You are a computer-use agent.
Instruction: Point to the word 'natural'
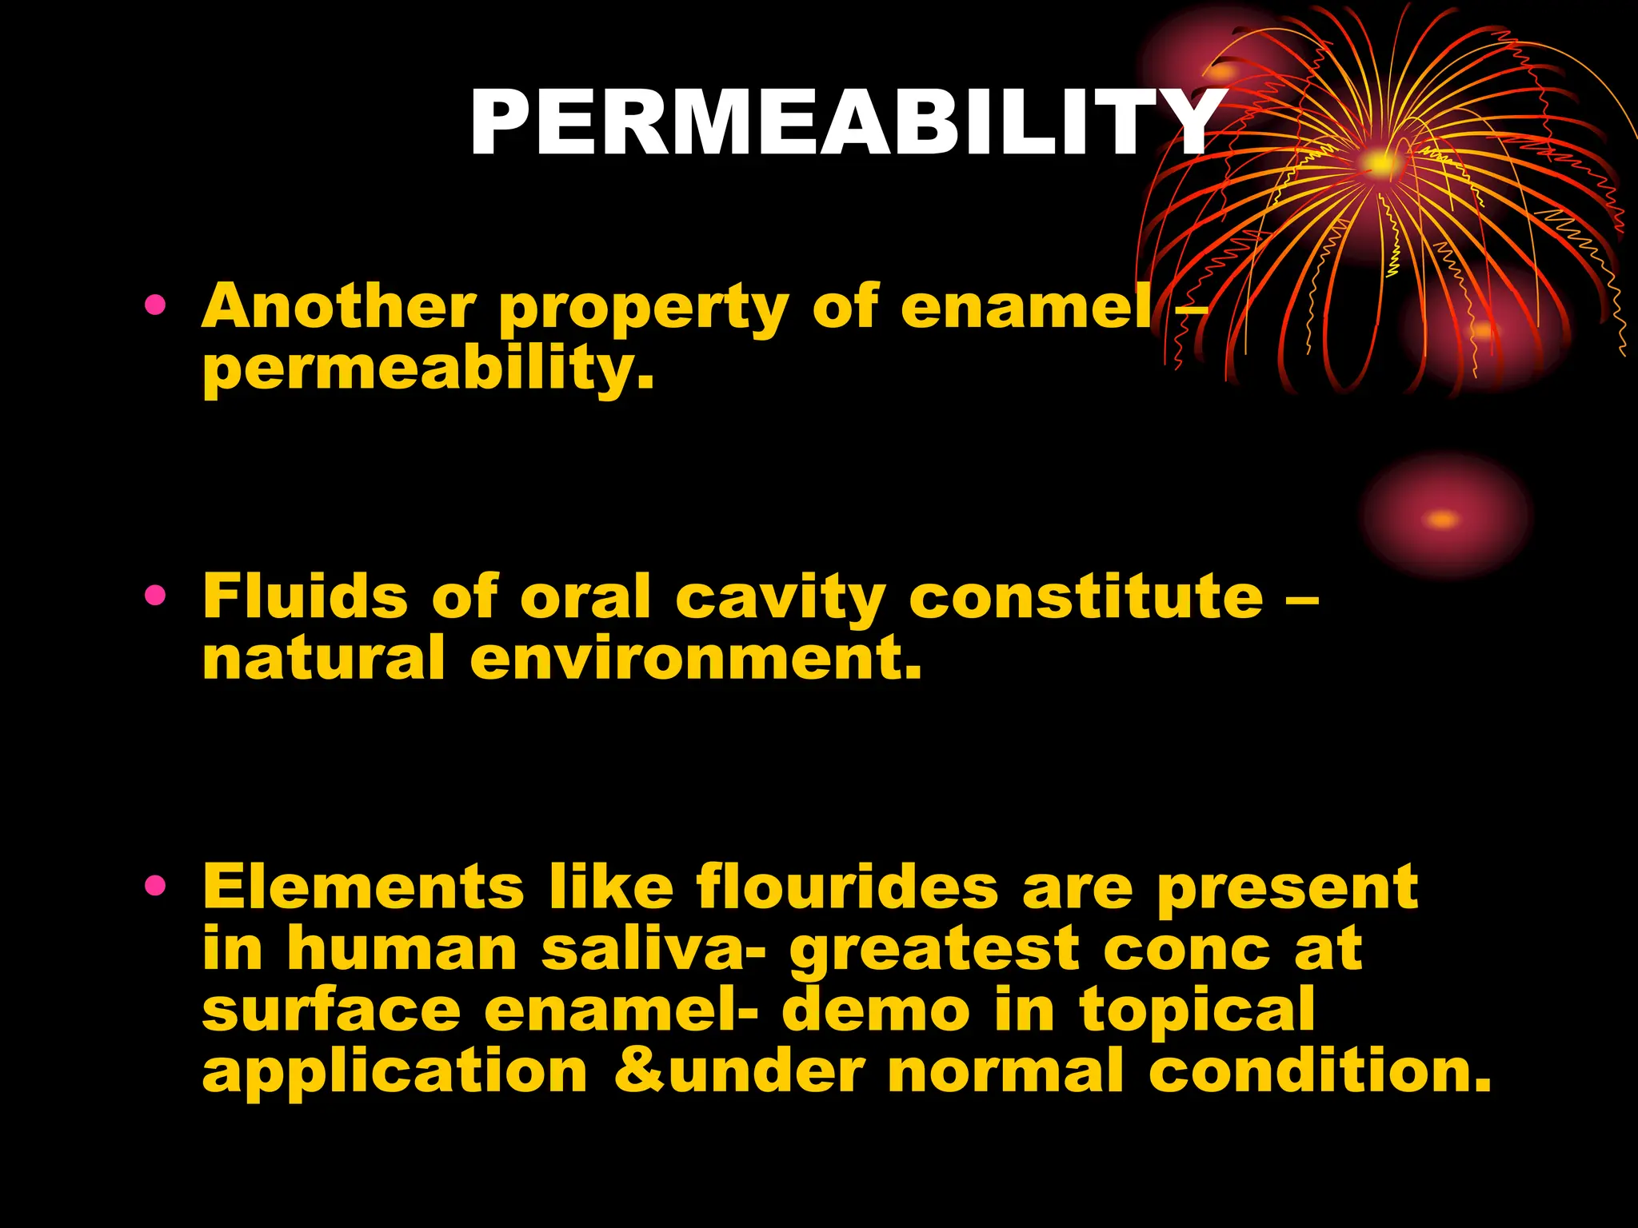(323, 659)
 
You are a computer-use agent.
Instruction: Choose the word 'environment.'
(696, 659)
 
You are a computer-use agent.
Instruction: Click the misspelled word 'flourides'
(847, 887)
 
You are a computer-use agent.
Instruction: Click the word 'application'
(395, 1073)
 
